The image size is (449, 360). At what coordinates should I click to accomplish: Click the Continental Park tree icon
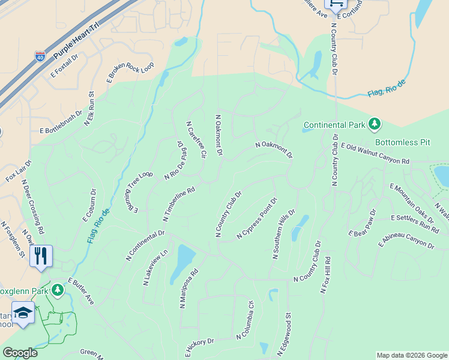point(375,124)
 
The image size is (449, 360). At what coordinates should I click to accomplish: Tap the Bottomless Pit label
point(403,143)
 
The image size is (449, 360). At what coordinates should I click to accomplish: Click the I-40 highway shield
point(40,58)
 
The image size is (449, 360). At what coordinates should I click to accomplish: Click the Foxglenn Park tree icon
point(58,290)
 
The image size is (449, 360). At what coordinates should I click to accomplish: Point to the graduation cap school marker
point(23,314)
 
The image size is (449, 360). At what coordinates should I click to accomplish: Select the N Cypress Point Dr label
point(257,218)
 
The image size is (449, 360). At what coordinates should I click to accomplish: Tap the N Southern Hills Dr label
point(283,234)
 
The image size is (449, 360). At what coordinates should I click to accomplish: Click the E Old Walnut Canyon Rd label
point(375,154)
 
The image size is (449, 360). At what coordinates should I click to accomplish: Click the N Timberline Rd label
point(179,204)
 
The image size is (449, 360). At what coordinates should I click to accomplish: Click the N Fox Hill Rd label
point(326,275)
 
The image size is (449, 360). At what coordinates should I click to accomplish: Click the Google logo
point(20,353)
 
